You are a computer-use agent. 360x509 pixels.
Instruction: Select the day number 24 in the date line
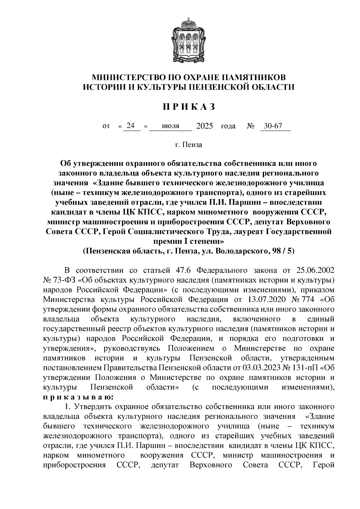pyautogui.click(x=130, y=126)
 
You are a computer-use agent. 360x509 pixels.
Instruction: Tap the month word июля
pyautogui.click(x=170, y=126)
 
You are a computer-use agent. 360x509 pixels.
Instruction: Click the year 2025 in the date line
pyautogui.click(x=204, y=126)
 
